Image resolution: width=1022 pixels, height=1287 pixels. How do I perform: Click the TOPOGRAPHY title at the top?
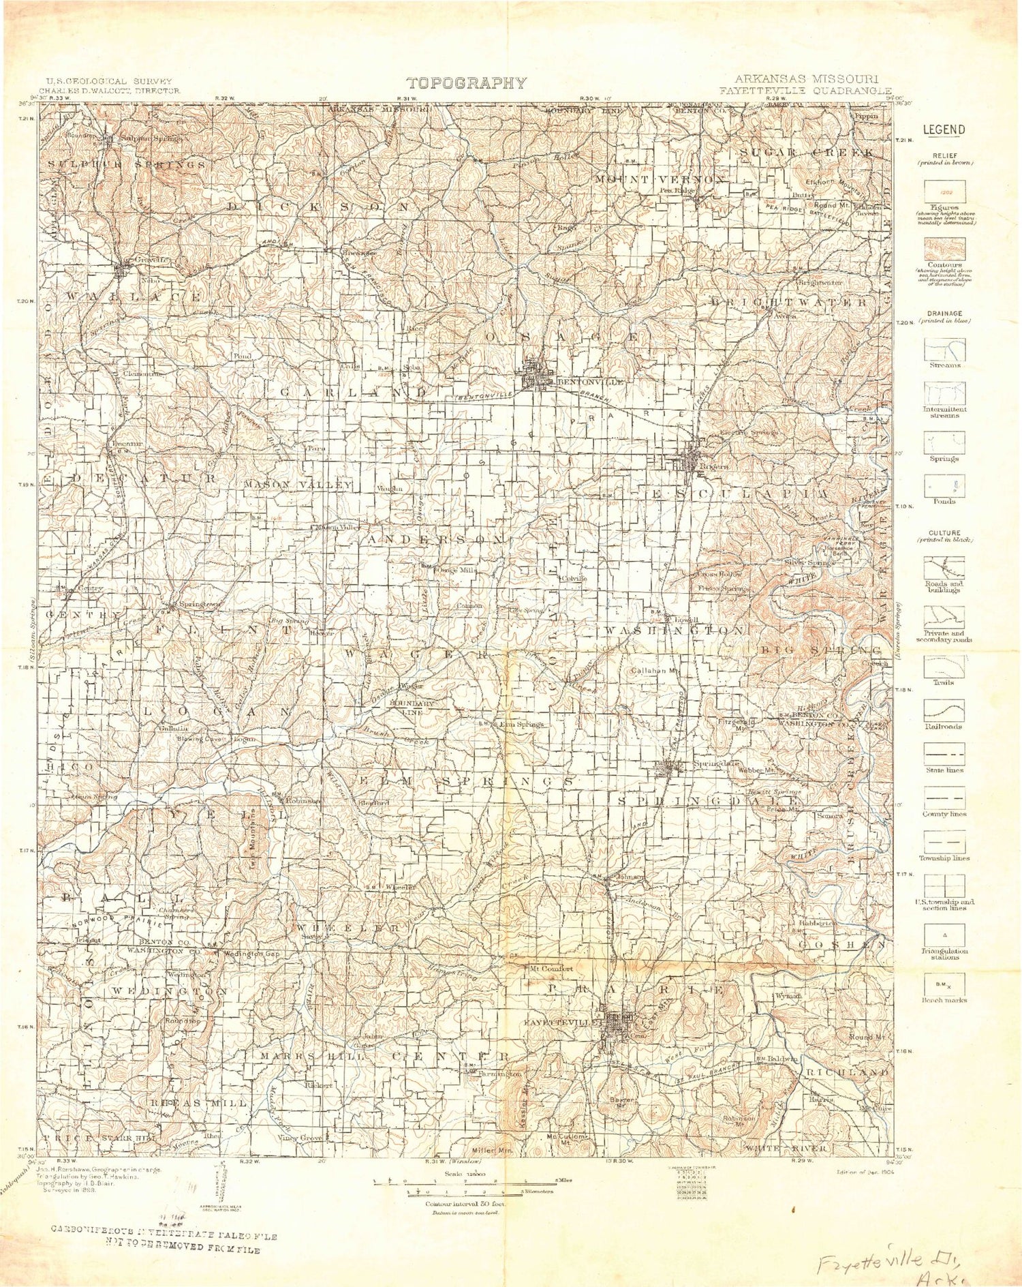click(x=467, y=83)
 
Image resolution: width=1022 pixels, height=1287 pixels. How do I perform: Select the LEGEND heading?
click(x=944, y=130)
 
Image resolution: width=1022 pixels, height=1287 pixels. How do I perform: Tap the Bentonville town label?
click(x=590, y=382)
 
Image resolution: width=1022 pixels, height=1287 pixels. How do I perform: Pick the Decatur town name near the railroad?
click(x=127, y=444)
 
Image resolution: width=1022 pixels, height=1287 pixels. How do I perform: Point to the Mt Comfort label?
click(x=552, y=968)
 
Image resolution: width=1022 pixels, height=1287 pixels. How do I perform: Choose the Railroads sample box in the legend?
click(x=944, y=711)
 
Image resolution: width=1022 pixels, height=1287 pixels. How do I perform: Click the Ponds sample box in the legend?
click(x=944, y=486)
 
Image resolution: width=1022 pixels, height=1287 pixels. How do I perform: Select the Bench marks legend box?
click(x=944, y=983)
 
